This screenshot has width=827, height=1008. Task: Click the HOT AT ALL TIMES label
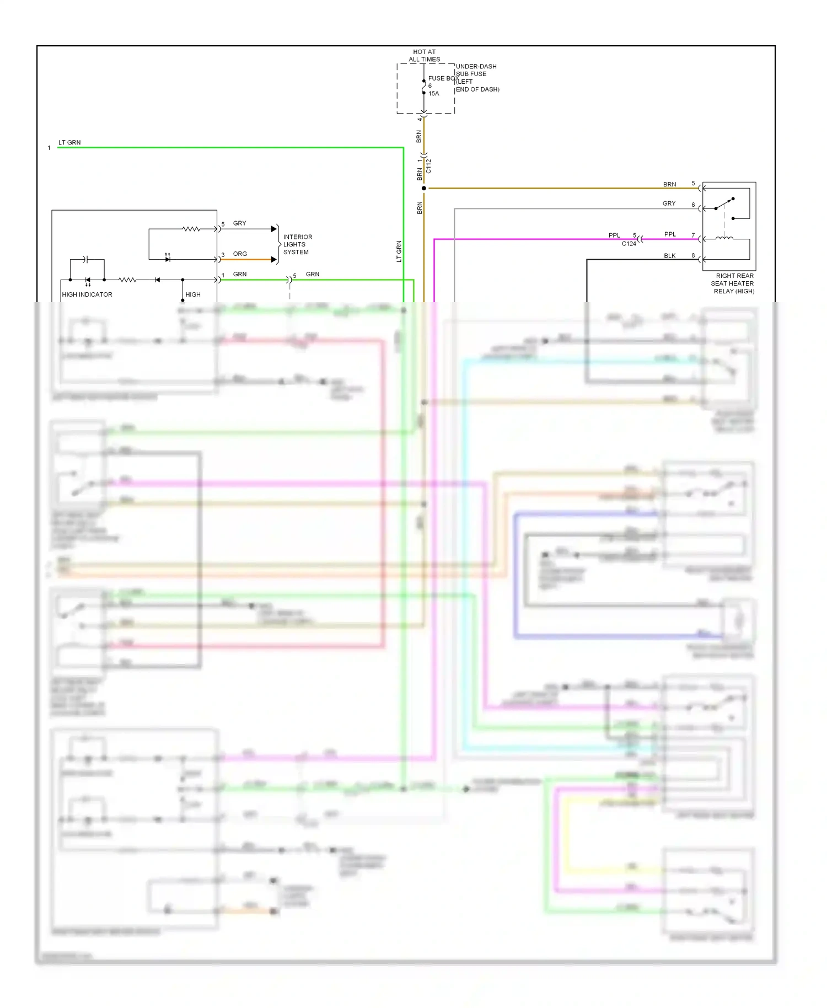pos(424,56)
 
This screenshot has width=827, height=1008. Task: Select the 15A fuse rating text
pos(434,94)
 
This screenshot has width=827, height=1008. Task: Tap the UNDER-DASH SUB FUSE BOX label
pos(477,78)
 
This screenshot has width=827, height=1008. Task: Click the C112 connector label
pos(429,166)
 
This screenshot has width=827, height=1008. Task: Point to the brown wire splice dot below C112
pos(423,189)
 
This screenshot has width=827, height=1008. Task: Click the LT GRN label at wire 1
pos(69,142)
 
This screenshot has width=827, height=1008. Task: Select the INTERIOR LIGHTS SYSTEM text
pos(297,244)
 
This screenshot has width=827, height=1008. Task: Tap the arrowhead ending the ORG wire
pos(274,259)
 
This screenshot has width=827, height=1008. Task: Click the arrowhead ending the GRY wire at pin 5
pos(274,229)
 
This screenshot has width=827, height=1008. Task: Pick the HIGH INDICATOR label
pos(87,294)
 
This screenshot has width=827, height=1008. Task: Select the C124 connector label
pos(629,244)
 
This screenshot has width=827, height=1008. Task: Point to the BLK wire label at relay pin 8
pos(669,256)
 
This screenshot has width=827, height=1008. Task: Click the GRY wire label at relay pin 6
pos(669,203)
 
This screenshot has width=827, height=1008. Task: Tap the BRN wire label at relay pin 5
pos(669,184)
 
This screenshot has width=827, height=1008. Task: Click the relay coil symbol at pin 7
pos(724,238)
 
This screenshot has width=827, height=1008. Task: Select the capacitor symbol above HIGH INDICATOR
pos(85,259)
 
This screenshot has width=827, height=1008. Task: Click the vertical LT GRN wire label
pos(399,251)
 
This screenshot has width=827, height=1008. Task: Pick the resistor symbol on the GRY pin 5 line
pos(191,229)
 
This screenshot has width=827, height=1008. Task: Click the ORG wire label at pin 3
pos(240,254)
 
